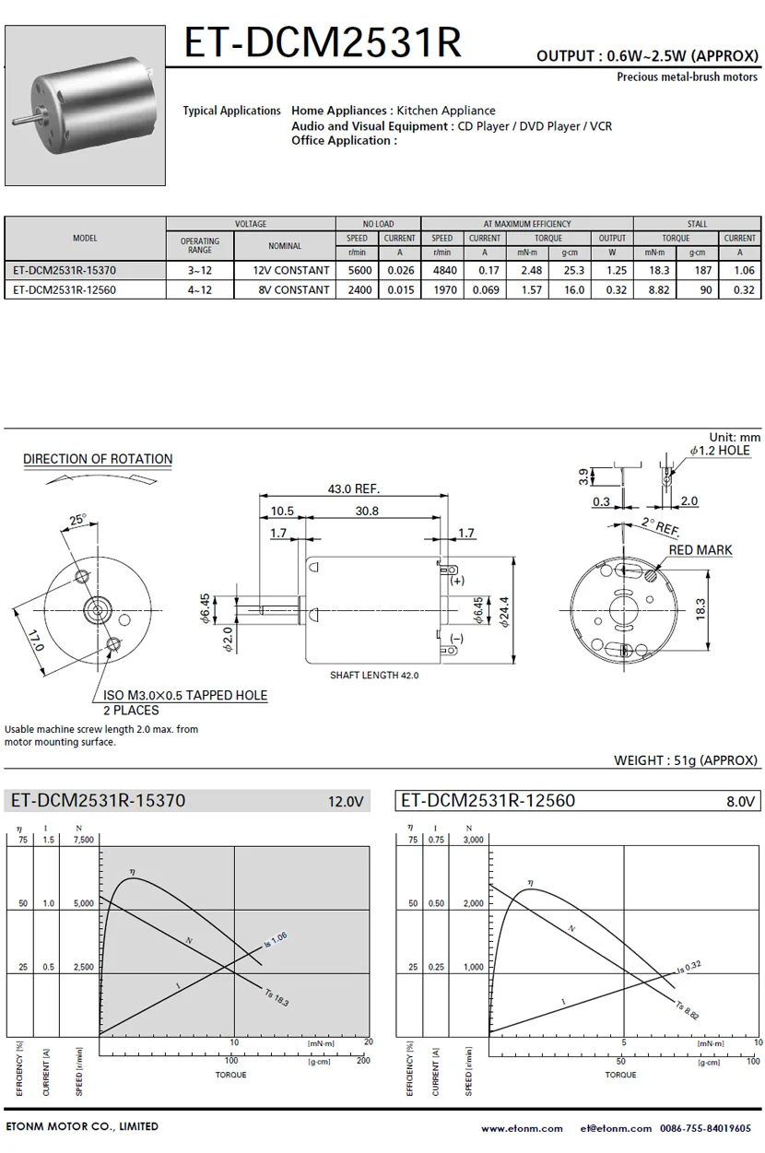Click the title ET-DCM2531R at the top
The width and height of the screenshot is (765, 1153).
[323, 42]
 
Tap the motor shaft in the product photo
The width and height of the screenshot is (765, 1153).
[26, 119]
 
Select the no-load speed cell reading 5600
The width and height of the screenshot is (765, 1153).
[359, 270]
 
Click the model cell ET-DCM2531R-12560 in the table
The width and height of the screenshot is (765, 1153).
[65, 289]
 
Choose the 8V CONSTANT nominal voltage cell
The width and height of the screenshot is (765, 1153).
[293, 289]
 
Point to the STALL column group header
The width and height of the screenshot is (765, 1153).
[697, 224]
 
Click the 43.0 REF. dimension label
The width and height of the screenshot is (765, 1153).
[354, 488]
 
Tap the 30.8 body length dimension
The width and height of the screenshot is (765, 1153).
[367, 511]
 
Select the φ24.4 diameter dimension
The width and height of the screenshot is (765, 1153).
[503, 611]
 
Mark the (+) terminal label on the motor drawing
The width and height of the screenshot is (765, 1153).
[457, 581]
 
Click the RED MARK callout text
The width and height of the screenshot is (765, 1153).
[700, 549]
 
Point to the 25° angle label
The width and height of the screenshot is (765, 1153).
[78, 520]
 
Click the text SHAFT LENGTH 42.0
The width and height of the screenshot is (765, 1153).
[374, 675]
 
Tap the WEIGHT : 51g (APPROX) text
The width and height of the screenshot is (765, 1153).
[686, 760]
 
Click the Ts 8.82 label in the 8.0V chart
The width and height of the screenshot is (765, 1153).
[688, 1010]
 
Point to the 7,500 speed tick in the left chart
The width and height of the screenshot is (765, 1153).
[84, 840]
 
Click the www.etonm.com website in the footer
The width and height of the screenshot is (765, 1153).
[522, 1129]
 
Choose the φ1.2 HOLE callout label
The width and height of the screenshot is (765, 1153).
[720, 451]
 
